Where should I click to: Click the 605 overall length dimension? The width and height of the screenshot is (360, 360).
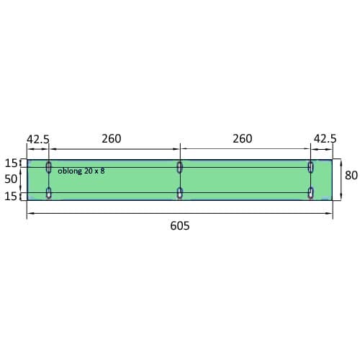[x=180, y=226]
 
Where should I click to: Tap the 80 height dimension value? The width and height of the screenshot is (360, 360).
[x=351, y=175]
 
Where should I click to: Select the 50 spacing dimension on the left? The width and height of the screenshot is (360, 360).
[x=11, y=179]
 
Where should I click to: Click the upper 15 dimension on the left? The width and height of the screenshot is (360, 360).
[x=11, y=163]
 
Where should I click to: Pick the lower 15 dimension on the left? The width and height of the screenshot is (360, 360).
[x=11, y=197]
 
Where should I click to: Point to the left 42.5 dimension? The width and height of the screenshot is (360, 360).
[x=38, y=139]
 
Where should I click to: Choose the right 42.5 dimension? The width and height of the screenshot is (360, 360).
[x=325, y=138]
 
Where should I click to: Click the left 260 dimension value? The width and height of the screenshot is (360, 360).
[x=112, y=139]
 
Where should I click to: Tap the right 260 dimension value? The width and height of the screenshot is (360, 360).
[x=243, y=139]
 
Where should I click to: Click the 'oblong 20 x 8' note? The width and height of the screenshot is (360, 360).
[x=81, y=171]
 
